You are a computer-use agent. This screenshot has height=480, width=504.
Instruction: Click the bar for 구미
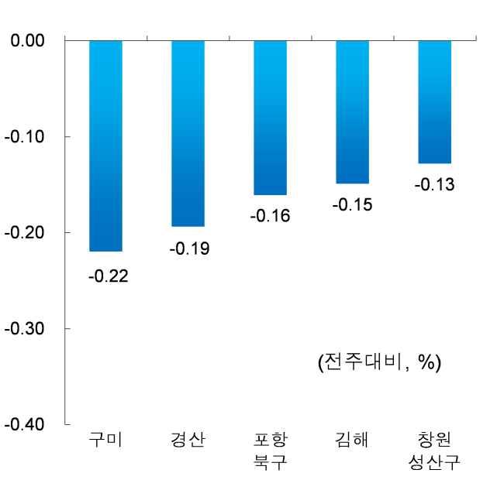point(105,146)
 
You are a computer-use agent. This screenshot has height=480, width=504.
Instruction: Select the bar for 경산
point(188,133)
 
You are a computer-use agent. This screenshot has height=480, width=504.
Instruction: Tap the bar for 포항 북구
point(271,118)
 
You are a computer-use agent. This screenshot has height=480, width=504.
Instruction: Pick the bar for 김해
point(353,112)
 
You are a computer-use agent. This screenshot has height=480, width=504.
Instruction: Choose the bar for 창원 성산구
point(434,102)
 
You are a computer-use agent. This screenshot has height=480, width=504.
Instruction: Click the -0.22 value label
point(109,276)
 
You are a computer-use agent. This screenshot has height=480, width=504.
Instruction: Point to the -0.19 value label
point(190,249)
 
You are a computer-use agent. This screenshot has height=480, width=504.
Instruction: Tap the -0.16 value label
point(271,216)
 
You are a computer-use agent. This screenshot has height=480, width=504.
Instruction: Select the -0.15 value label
point(353,204)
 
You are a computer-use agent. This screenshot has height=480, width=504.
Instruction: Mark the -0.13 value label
point(434,184)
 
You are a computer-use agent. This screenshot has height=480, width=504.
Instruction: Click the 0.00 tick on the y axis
point(27,40)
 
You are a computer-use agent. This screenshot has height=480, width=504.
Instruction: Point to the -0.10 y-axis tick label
point(25,137)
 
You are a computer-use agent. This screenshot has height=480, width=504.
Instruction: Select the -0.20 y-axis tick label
point(25,232)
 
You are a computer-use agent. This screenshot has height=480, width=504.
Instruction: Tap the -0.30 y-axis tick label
point(25,328)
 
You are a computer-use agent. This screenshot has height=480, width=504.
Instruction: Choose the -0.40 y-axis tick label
point(25,424)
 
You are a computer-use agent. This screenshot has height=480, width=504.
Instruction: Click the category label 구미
point(105,440)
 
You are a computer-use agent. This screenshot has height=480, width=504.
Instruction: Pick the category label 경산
point(188,440)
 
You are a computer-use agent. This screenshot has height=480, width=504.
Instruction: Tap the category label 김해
point(352,440)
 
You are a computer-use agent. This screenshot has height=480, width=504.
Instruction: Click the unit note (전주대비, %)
point(379,362)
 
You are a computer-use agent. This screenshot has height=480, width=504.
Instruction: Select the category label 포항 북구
point(271,451)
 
